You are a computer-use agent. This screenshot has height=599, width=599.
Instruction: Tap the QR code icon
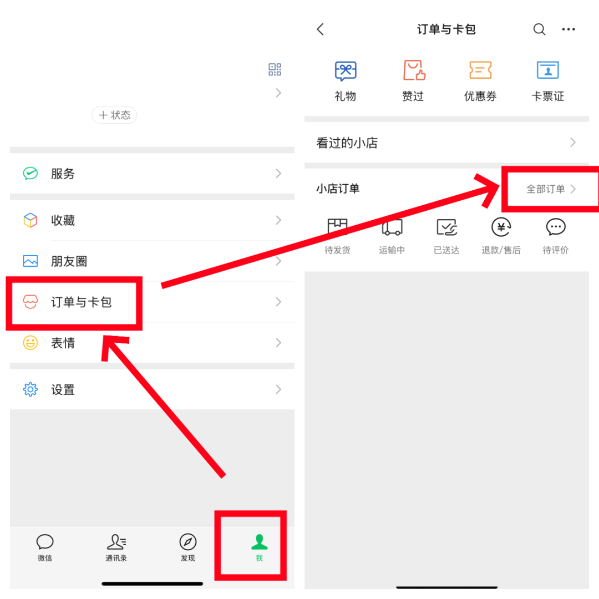(x=275, y=69)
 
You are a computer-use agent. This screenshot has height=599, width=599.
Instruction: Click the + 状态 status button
(x=114, y=115)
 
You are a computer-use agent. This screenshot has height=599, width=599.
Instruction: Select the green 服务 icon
(x=31, y=174)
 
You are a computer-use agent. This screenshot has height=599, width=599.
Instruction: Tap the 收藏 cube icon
(x=31, y=220)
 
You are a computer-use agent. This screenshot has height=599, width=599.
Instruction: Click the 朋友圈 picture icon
(x=31, y=261)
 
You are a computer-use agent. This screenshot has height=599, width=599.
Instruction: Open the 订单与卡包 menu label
(x=82, y=302)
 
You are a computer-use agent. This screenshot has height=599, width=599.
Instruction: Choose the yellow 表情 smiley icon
(x=31, y=343)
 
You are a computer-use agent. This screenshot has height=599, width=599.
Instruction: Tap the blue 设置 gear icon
(x=31, y=389)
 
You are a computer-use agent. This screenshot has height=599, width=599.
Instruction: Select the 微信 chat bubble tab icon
(x=45, y=542)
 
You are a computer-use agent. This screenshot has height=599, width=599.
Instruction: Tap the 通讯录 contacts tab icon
(x=116, y=542)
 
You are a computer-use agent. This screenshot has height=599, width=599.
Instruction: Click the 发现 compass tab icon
(x=188, y=542)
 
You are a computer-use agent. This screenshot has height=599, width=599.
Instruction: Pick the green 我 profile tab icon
(x=259, y=541)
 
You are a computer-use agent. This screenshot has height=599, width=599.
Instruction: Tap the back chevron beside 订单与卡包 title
(x=321, y=29)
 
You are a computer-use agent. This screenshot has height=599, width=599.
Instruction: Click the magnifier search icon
(x=539, y=29)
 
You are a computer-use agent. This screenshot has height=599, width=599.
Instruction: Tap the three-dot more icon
(x=568, y=29)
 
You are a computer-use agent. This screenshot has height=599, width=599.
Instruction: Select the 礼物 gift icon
(x=346, y=70)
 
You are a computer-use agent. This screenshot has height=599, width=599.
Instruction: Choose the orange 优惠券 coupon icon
(x=480, y=70)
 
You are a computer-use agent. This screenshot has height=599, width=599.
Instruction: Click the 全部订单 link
(x=550, y=189)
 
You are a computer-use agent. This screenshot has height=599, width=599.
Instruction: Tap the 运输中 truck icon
(x=392, y=227)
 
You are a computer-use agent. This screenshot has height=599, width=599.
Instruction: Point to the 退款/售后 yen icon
(x=501, y=227)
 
